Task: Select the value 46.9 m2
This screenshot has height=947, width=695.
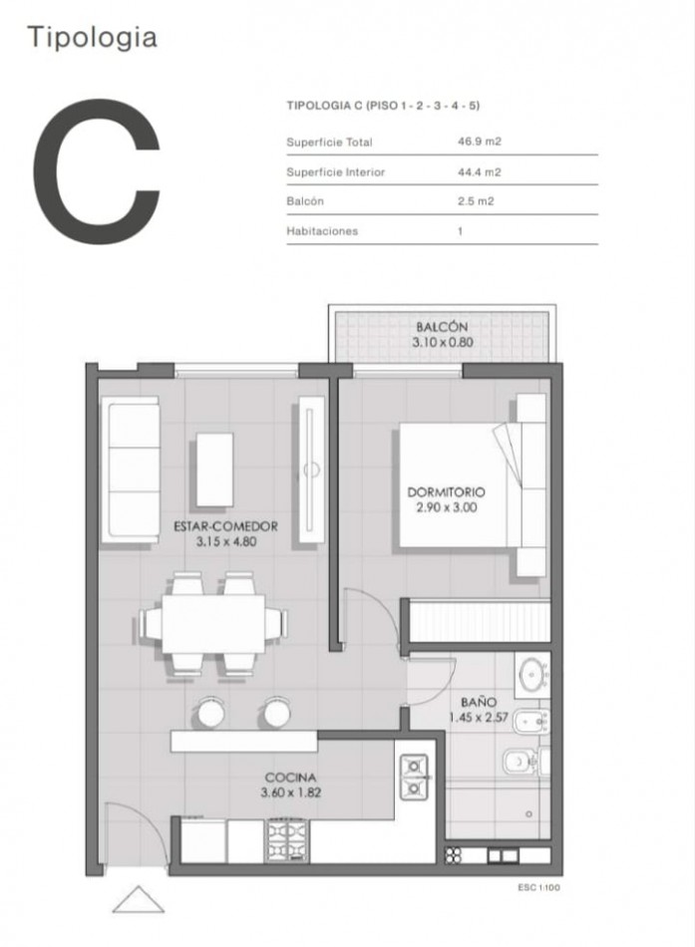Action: [x=480, y=142]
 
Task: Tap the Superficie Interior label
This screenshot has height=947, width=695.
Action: [x=335, y=172]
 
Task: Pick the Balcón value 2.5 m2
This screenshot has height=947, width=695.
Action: [x=476, y=201]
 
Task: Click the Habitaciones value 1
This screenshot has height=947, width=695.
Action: [x=460, y=230]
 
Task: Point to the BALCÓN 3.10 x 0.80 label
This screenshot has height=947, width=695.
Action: [x=443, y=335]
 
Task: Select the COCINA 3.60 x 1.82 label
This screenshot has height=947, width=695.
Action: [x=291, y=786]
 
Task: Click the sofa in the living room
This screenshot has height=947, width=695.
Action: [x=131, y=470]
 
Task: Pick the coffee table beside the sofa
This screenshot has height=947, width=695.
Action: [x=214, y=470]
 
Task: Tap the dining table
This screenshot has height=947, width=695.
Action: [x=213, y=623]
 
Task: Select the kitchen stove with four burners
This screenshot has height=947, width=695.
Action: [x=288, y=840]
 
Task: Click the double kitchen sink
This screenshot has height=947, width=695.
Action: [x=414, y=777]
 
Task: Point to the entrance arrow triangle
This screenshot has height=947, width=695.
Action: [x=139, y=899]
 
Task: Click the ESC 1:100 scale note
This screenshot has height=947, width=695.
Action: [x=538, y=888]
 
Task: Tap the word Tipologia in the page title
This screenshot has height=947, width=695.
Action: [x=93, y=38]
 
